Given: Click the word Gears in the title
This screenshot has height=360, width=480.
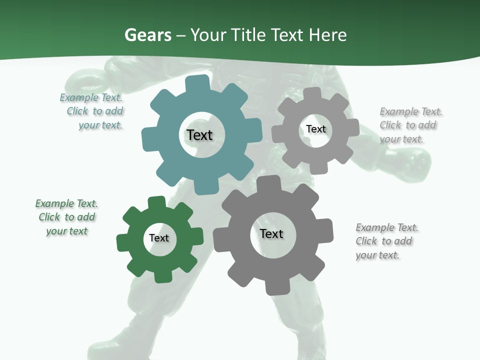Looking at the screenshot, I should point(148,35).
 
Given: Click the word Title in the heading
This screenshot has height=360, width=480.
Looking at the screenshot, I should point(246,35).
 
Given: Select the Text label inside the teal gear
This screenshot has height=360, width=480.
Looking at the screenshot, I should point(199,135).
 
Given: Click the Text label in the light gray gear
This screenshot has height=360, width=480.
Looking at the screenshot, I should point(315,129).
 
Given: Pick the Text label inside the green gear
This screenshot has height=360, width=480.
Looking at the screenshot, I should point(159,238).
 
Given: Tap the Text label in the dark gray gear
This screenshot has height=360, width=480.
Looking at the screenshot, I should point(271,233).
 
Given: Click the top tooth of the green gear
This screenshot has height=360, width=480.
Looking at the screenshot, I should point(156,202).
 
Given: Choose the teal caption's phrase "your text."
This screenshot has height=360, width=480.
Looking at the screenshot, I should point(100,125).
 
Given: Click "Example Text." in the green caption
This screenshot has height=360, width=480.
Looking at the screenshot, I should point(66,203).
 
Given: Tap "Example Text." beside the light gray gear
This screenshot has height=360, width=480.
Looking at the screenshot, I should point(411,111).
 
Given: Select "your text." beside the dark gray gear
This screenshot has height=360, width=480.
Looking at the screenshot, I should point(377,255).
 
